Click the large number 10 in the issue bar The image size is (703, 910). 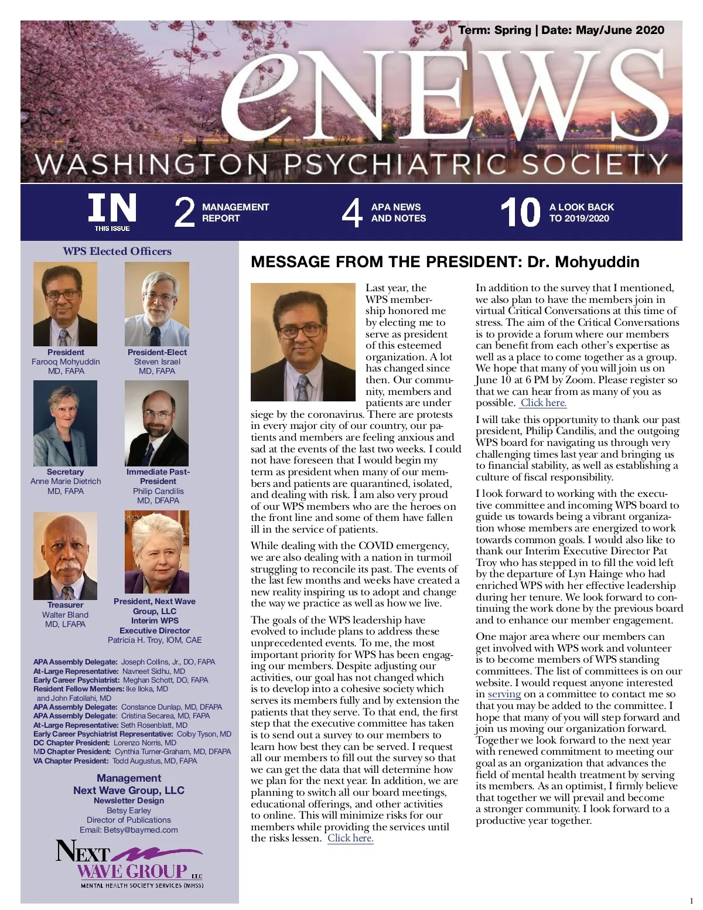[520, 212]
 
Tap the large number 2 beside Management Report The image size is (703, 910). [184, 212]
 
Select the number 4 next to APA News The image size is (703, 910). [351, 212]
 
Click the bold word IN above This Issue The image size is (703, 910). [112, 208]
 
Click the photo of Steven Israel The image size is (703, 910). [157, 304]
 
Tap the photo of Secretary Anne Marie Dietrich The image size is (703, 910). [65, 423]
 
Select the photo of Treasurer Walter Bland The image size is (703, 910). [65, 556]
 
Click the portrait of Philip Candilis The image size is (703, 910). [157, 423]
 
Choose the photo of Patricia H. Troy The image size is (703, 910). [157, 552]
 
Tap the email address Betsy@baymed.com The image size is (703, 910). [141, 830]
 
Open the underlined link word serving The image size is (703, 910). [504, 694]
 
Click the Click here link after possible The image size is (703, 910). [544, 403]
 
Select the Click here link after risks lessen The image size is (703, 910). [350, 838]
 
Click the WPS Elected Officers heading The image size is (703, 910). [117, 251]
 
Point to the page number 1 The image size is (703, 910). [691, 900]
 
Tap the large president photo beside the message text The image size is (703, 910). [303, 342]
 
